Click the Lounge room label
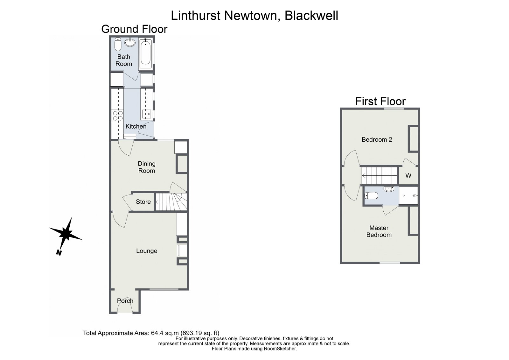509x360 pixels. point(147,251)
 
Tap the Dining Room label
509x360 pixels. point(147,167)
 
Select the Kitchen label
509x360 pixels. point(136,126)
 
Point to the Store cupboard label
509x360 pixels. point(143,202)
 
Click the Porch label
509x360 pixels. point(125,301)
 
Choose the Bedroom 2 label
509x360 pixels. point(377,139)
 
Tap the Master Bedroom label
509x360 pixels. point(379,231)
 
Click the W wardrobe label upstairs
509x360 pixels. point(408,175)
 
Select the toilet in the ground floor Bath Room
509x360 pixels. point(118,45)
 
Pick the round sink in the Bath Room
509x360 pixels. point(129,42)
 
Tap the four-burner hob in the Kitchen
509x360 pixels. point(118,116)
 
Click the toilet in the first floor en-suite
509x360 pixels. point(371,195)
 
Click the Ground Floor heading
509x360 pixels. point(134,29)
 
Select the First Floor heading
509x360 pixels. point(380,101)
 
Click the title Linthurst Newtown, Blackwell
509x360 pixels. point(254,15)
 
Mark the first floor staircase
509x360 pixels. point(380,175)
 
